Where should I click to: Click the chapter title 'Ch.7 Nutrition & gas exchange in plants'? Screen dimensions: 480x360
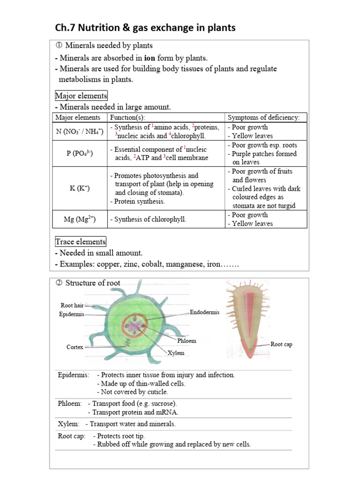145,28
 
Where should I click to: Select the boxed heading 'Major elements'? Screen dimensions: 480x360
81,96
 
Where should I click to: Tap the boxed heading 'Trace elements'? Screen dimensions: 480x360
81,242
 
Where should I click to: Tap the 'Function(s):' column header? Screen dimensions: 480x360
127,117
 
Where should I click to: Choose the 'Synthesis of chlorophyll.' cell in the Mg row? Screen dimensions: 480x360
148,219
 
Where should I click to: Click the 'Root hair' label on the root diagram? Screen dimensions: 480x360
72,305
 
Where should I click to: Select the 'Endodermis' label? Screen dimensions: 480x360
204,312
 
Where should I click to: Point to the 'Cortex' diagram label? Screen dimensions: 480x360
75,347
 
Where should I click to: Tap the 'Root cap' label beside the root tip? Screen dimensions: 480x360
281,344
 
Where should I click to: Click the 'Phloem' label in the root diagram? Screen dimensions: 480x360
187,341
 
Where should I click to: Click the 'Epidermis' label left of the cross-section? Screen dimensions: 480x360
71,314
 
